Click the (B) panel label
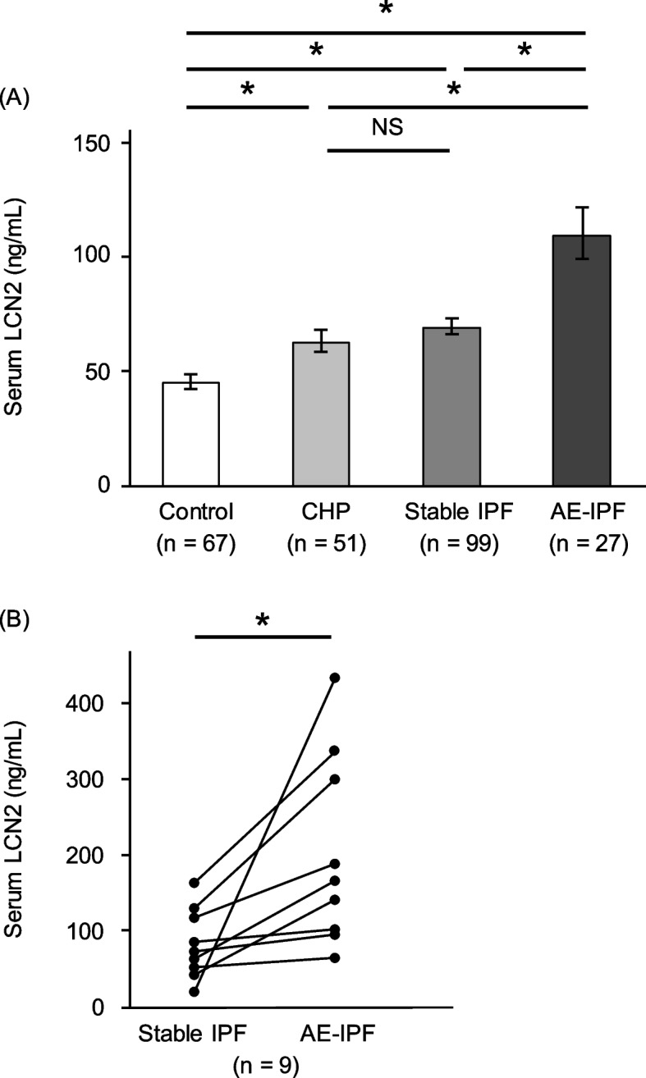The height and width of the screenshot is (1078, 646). click(x=17, y=618)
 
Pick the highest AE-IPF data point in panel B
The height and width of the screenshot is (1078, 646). click(x=335, y=678)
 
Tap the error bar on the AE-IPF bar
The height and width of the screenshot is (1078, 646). click(x=581, y=233)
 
